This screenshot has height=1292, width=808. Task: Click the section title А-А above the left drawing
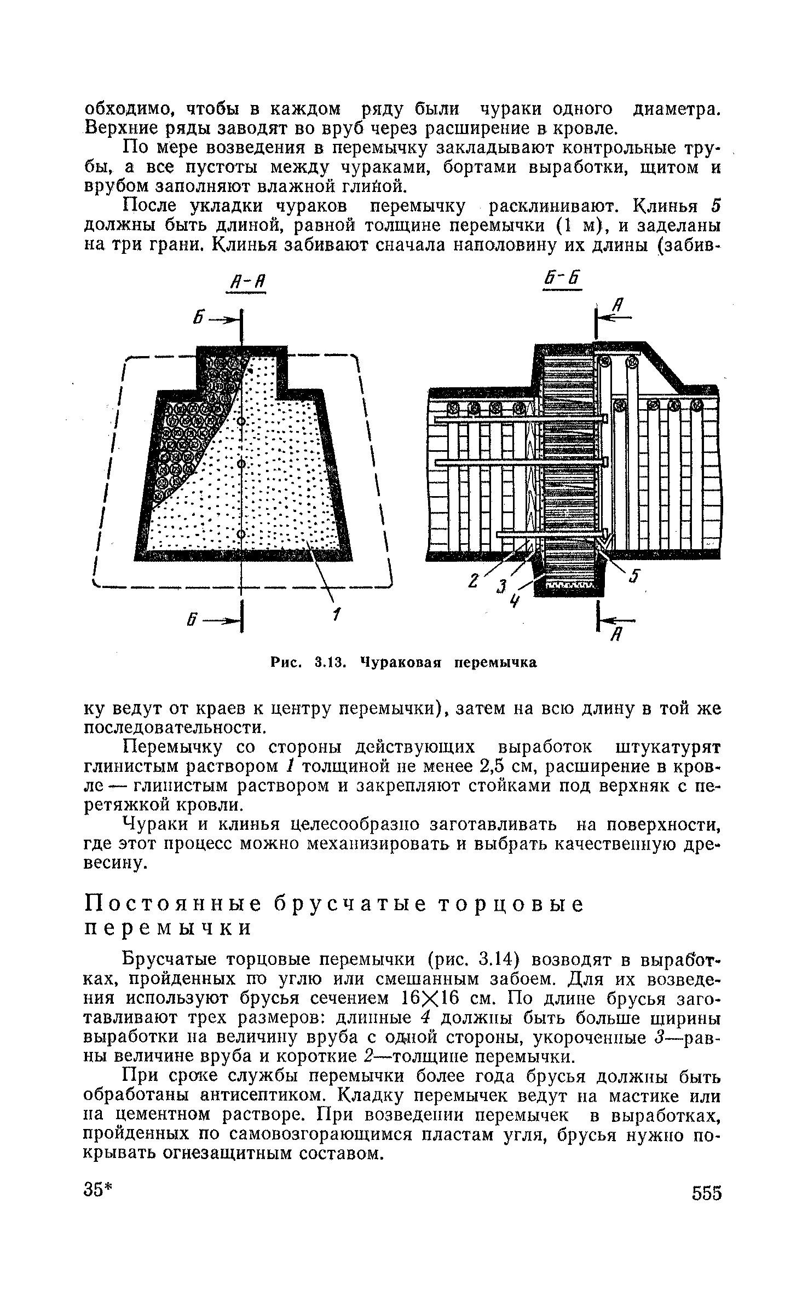click(245, 286)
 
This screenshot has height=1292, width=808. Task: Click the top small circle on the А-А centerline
click(240, 421)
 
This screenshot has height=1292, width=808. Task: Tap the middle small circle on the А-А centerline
click(240, 464)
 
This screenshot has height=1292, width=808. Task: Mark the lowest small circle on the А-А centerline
click(241, 533)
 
